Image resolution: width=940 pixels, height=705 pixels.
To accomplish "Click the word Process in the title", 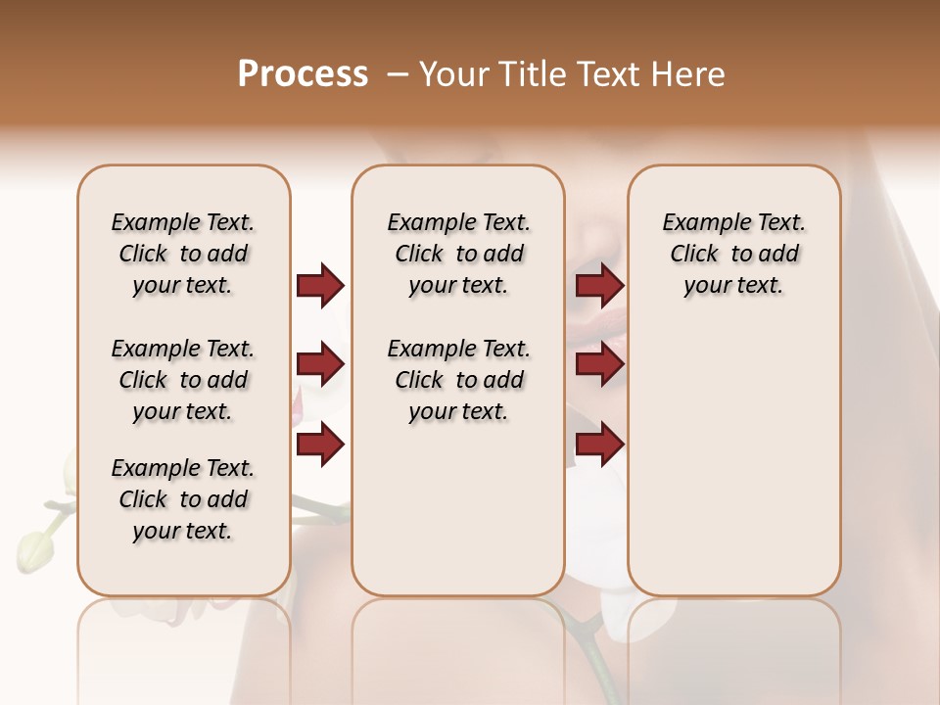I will point(303,74).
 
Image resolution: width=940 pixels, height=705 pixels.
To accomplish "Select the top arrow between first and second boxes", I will point(320,286).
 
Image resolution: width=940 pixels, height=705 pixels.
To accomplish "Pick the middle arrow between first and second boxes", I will point(320,365).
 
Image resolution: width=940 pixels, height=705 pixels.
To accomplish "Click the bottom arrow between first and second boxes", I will point(320,444).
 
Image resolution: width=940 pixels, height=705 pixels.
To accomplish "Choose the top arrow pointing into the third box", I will point(599,286).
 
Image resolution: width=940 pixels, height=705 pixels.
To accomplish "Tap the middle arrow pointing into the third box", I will point(599,365).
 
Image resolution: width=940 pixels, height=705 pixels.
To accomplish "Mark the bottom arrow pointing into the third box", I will point(599,444).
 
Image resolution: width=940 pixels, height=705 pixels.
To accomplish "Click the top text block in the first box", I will point(183,254).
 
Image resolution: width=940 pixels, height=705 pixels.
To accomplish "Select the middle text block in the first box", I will point(183,380).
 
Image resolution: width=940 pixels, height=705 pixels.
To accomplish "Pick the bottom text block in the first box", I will point(183,499).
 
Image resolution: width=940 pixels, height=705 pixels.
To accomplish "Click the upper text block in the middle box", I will point(459,254).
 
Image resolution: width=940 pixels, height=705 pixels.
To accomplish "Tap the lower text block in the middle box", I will point(459,380).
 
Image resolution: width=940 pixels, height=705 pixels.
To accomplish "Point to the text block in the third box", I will point(734,254).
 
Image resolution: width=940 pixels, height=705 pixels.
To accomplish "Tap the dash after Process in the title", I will point(397,75).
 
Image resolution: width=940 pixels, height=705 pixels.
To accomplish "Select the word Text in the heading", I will point(610,74).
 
